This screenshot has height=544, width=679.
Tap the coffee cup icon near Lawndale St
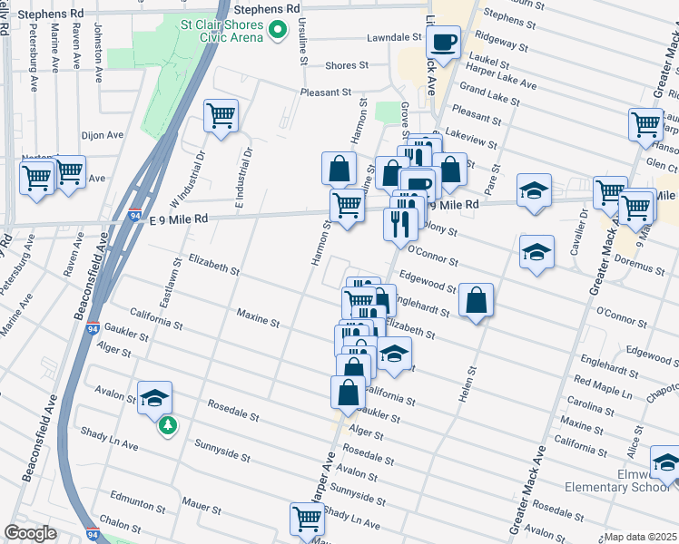pos(443,42)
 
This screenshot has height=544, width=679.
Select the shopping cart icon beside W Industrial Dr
pos(221,116)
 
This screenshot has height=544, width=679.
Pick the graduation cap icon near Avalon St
pos(155,397)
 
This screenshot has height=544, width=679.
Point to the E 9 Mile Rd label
pos(180,219)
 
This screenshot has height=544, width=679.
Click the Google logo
pos(30,534)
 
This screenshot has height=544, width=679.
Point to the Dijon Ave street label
pos(103,135)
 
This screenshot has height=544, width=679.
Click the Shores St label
pos(347,65)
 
